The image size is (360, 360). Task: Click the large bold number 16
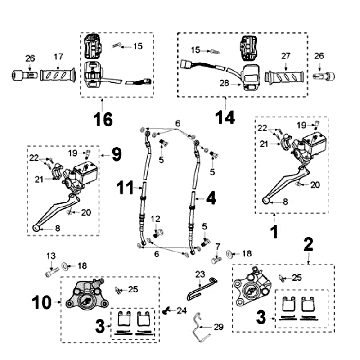(103, 119)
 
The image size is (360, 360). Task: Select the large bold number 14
(225, 117)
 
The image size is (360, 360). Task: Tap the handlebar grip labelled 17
(57, 75)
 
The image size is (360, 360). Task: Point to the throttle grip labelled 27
(284, 77)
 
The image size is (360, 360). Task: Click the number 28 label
(225, 83)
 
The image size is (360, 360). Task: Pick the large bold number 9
(116, 155)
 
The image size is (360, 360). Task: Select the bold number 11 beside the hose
(125, 188)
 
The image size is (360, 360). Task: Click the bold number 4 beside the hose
(211, 199)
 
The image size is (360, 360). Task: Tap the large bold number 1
(274, 232)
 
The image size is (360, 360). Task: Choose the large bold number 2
(309, 245)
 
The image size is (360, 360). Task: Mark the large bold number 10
(42, 303)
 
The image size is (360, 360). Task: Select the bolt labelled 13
(52, 272)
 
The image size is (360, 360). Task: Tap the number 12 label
(156, 219)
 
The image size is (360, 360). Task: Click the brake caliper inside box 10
(86, 293)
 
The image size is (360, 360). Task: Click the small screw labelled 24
(165, 311)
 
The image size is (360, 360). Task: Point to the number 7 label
(218, 247)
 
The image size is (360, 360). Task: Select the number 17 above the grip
(58, 57)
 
